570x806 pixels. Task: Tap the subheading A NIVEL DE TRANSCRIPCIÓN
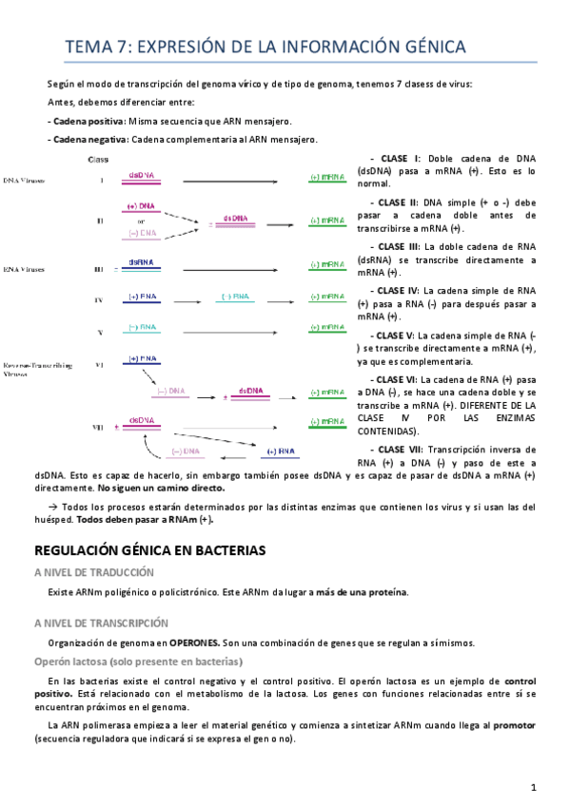101,624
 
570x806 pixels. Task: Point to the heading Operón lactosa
138,662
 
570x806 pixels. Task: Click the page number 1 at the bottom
534,786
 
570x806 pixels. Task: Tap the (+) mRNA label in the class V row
327,329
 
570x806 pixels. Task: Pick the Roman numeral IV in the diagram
98,299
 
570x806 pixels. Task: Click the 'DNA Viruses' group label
25,180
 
